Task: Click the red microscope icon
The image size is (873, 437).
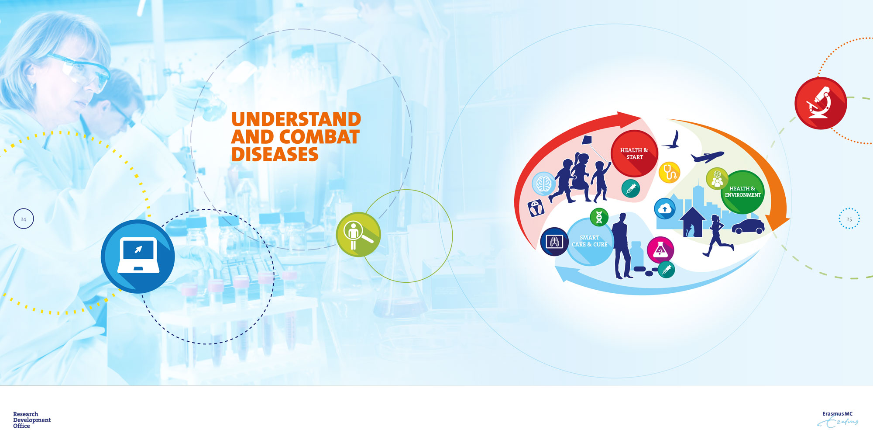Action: click(x=821, y=103)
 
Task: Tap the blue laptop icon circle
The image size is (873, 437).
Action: click(x=138, y=257)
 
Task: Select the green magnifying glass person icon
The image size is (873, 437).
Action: click(x=358, y=234)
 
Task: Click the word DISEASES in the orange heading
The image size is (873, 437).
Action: click(x=275, y=154)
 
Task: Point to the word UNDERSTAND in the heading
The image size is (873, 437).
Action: click(x=296, y=119)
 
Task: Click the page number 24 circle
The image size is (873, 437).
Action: click(x=24, y=219)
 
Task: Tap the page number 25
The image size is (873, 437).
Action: click(x=849, y=219)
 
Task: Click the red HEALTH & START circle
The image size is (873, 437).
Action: click(x=634, y=153)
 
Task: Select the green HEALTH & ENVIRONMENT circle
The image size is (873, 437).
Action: click(x=742, y=192)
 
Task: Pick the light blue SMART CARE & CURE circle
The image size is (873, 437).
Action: click(x=589, y=242)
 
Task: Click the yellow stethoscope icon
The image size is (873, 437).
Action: click(x=670, y=172)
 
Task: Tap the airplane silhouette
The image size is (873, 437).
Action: click(x=707, y=156)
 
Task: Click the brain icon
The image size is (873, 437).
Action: click(x=544, y=183)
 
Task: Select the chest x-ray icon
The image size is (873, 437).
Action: click(x=554, y=241)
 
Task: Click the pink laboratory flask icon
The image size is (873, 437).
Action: click(x=660, y=250)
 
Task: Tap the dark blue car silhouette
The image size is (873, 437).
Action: click(x=748, y=226)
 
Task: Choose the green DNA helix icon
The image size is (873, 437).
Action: click(x=599, y=217)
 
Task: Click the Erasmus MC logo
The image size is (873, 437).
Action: click(x=838, y=419)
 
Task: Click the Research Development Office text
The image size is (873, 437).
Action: click(x=32, y=420)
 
